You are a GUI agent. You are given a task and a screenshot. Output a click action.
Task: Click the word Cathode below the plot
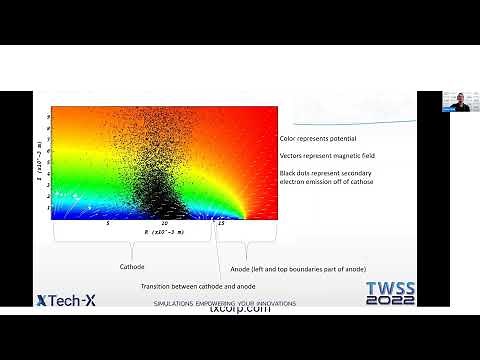coord(132,267)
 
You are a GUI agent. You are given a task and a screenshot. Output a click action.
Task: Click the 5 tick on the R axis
coord(108,223)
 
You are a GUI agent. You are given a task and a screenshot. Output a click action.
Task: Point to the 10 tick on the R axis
coord(164,223)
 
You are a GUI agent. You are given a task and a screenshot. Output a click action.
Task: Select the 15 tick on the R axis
coord(220,223)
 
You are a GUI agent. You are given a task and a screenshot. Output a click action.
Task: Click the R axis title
coord(161,231)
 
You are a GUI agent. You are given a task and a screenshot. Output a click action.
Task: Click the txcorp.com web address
coord(240,309)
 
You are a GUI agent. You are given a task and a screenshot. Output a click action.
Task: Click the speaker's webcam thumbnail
coord(457,101)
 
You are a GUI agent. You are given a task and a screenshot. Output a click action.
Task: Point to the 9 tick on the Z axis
coord(48,116)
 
